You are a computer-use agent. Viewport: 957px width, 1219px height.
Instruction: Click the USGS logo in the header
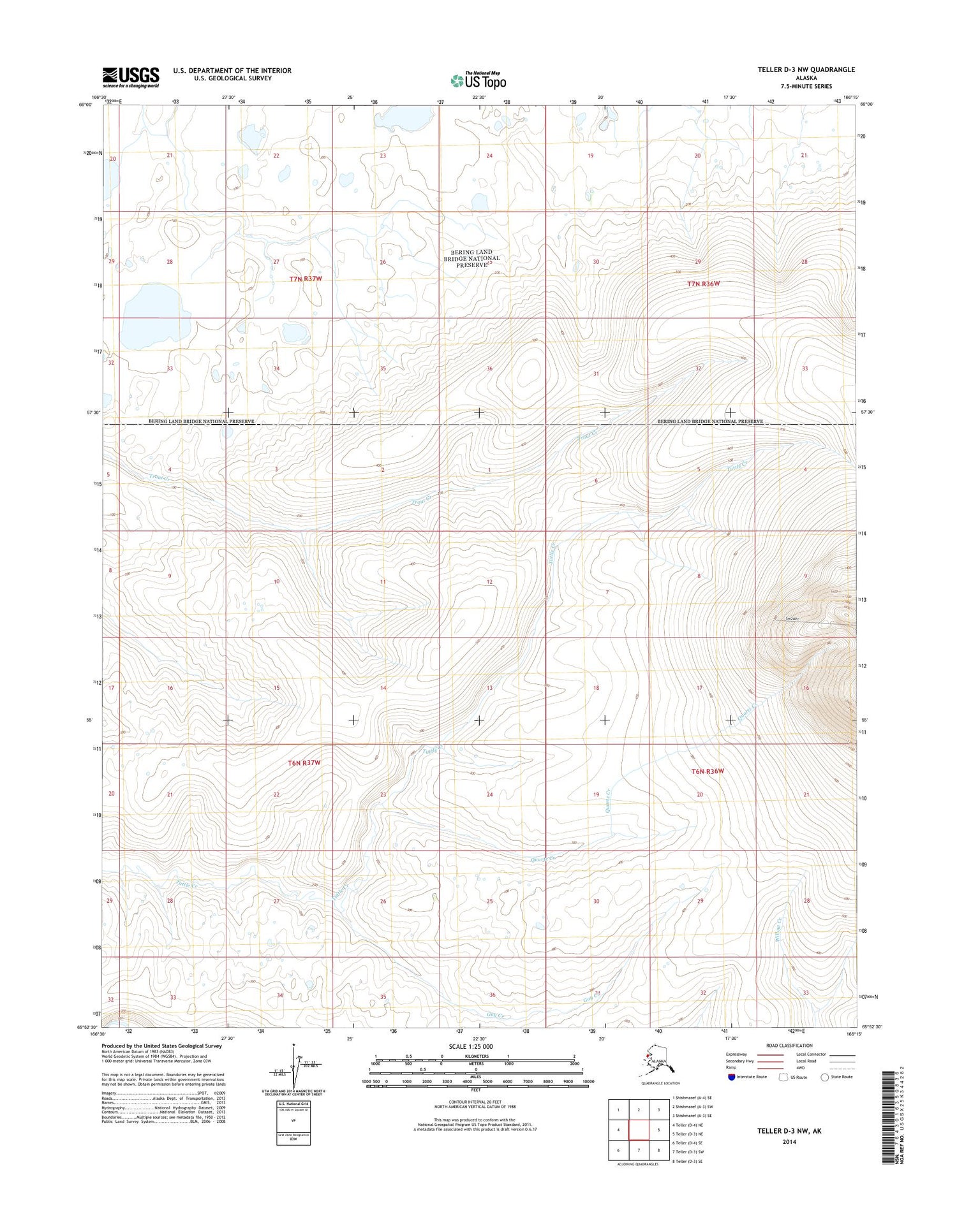tap(131, 77)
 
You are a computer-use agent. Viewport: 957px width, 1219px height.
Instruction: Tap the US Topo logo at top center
tap(478, 80)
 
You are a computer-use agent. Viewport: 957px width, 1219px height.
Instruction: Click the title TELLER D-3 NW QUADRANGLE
tap(806, 69)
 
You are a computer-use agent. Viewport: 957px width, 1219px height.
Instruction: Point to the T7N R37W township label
tap(306, 279)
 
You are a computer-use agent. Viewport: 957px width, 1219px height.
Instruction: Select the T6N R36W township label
tap(708, 771)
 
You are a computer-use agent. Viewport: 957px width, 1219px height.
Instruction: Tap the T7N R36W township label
tap(703, 283)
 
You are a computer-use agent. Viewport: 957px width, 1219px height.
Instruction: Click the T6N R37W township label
tap(304, 763)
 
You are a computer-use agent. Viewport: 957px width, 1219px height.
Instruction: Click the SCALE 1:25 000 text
tap(470, 1046)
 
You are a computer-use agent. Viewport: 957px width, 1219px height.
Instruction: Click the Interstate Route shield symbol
tap(731, 1077)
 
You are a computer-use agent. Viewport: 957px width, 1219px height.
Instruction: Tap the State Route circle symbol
tap(824, 1077)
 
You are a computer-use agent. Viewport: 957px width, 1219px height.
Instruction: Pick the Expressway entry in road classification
tap(736, 1054)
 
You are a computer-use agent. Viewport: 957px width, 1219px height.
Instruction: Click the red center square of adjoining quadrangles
tap(639, 1130)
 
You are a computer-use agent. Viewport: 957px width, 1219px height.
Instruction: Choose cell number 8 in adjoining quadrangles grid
tap(659, 1150)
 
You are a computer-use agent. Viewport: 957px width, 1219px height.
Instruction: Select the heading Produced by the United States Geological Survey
tap(161, 1046)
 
